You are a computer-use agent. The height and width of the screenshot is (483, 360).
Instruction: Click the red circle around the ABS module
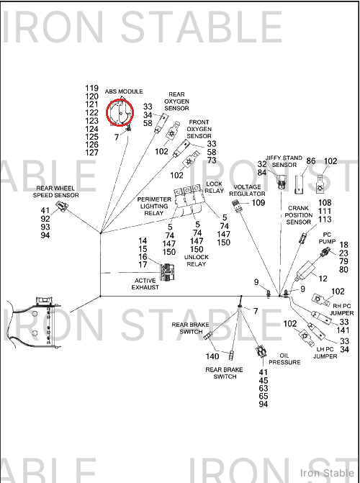click(x=107, y=113)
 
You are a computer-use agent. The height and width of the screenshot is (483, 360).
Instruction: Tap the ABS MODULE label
click(x=124, y=91)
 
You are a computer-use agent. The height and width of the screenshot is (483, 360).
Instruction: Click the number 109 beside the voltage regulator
click(x=258, y=203)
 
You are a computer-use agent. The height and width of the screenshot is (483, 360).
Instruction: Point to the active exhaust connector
click(x=166, y=272)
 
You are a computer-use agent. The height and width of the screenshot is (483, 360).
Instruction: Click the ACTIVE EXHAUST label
click(x=145, y=284)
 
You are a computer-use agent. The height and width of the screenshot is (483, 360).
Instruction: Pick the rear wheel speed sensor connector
click(x=62, y=206)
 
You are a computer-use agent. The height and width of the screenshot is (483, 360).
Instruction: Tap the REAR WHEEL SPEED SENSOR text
click(x=55, y=191)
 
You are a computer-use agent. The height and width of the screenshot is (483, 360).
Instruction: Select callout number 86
click(x=311, y=161)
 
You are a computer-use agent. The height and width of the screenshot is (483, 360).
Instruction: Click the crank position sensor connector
click(x=303, y=238)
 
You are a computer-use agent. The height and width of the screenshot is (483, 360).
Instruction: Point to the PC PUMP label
click(x=327, y=238)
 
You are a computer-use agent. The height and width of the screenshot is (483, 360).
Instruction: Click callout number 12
click(x=323, y=279)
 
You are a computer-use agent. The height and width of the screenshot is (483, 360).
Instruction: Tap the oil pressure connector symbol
click(x=261, y=351)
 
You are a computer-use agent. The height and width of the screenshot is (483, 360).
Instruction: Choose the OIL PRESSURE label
click(x=284, y=359)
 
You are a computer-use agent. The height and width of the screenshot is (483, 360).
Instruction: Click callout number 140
click(x=212, y=356)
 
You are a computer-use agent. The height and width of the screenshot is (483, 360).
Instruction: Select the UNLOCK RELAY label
click(x=197, y=261)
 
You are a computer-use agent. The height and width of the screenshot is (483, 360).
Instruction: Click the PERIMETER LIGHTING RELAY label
click(x=154, y=207)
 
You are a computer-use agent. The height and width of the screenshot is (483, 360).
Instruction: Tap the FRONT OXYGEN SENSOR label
click(x=199, y=129)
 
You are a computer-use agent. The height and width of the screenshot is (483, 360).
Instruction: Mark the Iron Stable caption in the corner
click(x=328, y=473)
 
